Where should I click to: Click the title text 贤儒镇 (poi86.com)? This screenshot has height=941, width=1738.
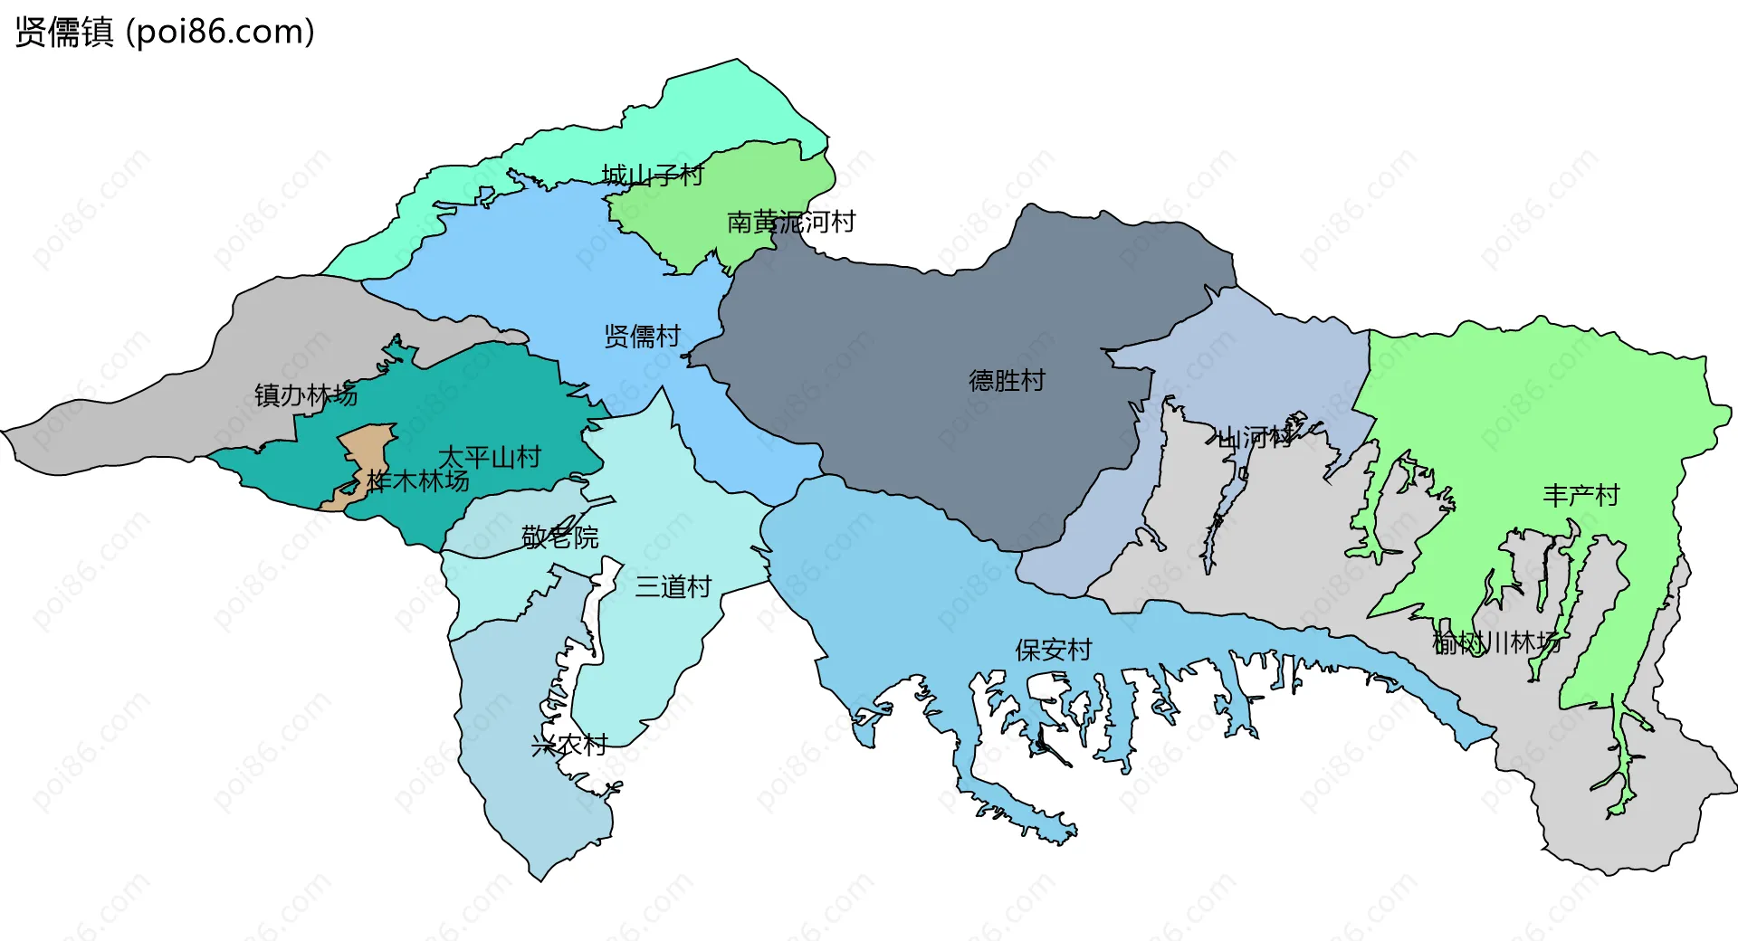click(x=165, y=32)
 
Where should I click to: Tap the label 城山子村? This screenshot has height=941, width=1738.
click(x=653, y=175)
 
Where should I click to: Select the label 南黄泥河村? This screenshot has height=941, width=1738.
click(x=791, y=222)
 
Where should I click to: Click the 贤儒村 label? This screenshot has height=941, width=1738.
click(x=642, y=337)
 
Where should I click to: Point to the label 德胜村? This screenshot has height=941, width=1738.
click(x=1007, y=380)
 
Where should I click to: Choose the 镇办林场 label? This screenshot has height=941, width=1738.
click(x=305, y=395)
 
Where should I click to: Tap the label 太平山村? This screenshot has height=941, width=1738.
click(x=490, y=457)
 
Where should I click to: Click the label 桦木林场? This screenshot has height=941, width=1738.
click(x=418, y=480)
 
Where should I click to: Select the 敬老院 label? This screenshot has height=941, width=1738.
click(x=560, y=537)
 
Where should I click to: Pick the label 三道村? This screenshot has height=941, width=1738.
click(x=673, y=587)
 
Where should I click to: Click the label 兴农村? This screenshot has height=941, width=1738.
click(x=569, y=746)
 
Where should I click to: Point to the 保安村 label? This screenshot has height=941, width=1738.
click(x=1054, y=650)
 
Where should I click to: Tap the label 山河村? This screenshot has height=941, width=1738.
click(x=1256, y=439)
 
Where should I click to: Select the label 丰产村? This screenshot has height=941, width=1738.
click(x=1580, y=496)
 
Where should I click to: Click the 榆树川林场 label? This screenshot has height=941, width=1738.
click(x=1496, y=643)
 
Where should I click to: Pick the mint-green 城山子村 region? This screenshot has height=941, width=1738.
click(x=724, y=100)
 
